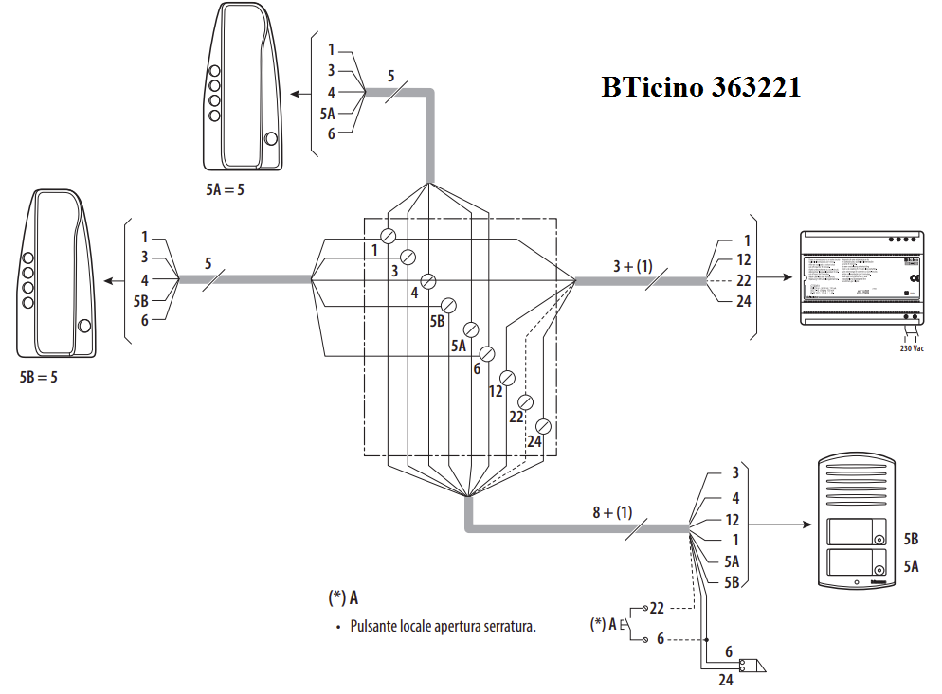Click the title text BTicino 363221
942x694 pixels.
[x=700, y=87]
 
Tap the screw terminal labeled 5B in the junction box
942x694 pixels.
[x=448, y=305]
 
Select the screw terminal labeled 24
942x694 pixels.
[x=543, y=425]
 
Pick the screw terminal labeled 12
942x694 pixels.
[x=506, y=378]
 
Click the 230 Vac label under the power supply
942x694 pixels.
[x=912, y=348]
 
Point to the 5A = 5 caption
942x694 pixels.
[x=225, y=189]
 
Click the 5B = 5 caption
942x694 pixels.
[x=38, y=376]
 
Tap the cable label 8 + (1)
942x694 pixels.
[x=612, y=512]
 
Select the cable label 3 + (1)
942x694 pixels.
[x=633, y=266]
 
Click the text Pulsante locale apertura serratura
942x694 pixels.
[x=443, y=626]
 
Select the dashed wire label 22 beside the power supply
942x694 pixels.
[x=743, y=280]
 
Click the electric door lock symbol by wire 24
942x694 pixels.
[x=754, y=666]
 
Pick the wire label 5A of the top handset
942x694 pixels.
[x=328, y=114]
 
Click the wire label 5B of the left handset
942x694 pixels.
[x=141, y=301]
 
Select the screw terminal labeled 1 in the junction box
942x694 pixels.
[x=388, y=235]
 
